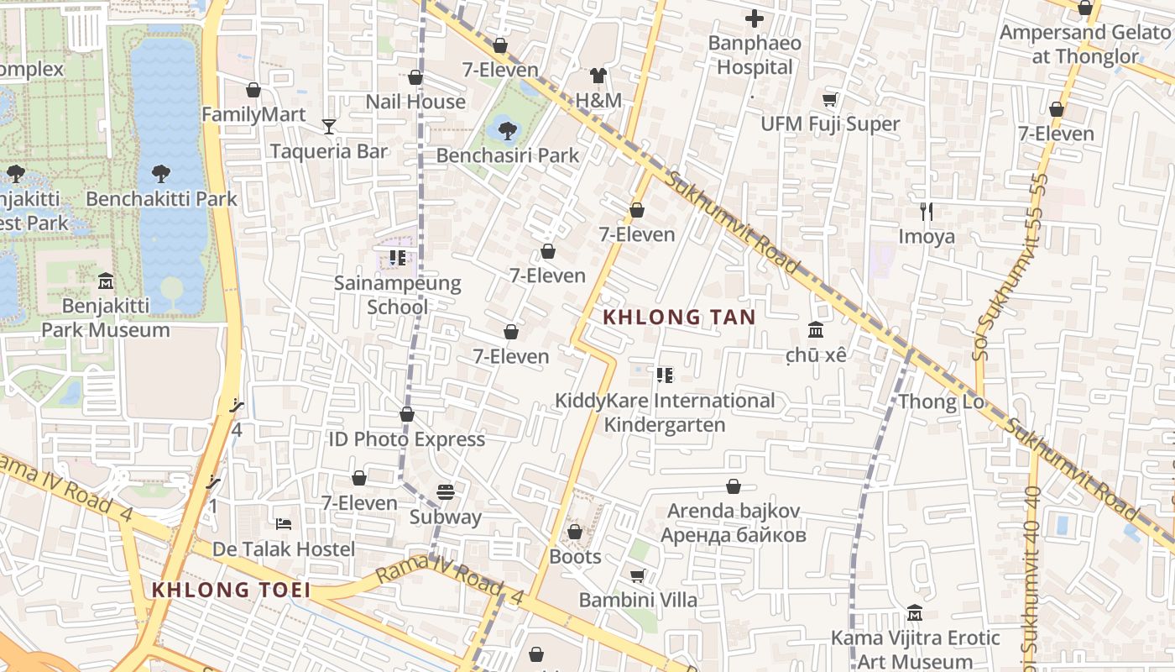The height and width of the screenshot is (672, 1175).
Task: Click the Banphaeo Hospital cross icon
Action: [755, 18]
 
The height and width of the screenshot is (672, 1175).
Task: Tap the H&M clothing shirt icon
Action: [598, 76]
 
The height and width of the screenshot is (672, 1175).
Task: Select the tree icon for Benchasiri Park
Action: [507, 130]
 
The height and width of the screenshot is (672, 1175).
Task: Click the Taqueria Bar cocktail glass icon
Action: [329, 127]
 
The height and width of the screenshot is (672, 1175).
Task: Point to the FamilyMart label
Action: [253, 114]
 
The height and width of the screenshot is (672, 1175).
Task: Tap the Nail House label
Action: [415, 102]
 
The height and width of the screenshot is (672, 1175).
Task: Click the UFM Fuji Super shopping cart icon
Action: [830, 100]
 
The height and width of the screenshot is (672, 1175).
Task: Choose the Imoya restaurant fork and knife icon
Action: [927, 211]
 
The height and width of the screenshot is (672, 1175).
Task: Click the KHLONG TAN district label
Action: [680, 318]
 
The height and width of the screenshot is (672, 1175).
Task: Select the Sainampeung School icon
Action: [398, 258]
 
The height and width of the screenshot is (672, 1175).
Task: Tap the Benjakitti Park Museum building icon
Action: [106, 281]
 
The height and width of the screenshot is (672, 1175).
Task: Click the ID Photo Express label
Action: [406, 439]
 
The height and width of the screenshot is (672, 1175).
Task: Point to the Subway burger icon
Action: [446, 492]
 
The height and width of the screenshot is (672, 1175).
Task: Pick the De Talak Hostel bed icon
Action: [284, 524]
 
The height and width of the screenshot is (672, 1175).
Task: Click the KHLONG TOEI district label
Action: [231, 590]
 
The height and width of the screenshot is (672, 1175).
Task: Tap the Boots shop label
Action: [575, 556]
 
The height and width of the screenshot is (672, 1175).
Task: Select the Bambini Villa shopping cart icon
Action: [637, 575]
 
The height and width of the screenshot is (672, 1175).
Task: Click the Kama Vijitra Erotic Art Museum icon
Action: [915, 613]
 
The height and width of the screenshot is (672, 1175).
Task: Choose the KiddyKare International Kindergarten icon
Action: [665, 375]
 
